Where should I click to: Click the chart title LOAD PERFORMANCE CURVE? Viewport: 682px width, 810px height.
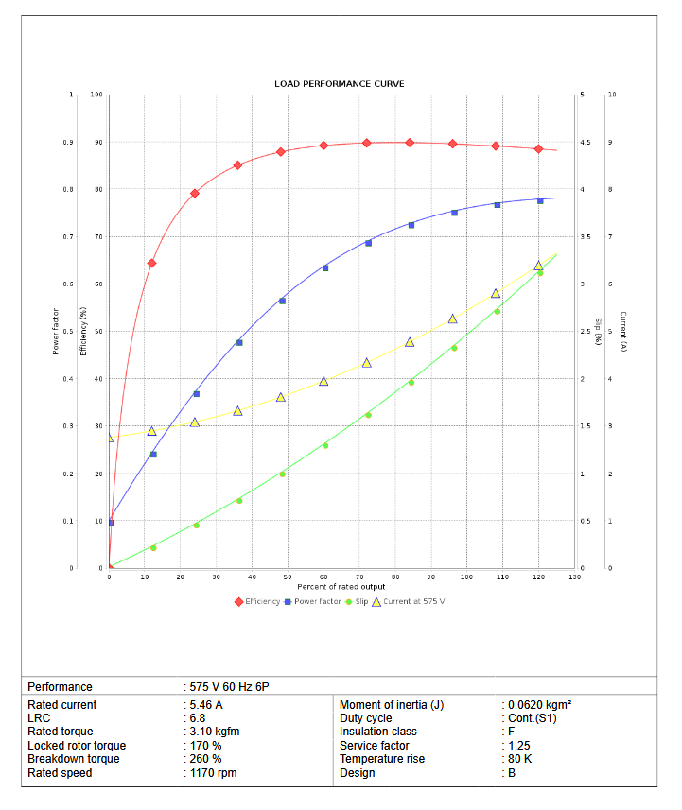(x=340, y=84)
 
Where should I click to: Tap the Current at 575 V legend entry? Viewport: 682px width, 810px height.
(x=408, y=601)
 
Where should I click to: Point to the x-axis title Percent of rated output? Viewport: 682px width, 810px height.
(x=341, y=587)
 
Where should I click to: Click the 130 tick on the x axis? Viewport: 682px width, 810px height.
(x=574, y=577)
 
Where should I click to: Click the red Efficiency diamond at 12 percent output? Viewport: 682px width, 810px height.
(x=151, y=263)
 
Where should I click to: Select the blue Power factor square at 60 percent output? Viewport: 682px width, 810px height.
(x=324, y=268)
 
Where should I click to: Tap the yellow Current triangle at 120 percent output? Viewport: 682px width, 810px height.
(x=538, y=266)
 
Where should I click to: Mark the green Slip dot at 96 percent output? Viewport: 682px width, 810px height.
(x=454, y=348)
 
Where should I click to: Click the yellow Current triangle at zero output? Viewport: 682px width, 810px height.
(x=110, y=438)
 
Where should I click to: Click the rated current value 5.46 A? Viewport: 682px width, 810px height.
(x=206, y=705)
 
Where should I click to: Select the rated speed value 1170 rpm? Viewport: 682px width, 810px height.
(x=213, y=773)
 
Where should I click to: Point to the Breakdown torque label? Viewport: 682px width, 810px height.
(x=74, y=759)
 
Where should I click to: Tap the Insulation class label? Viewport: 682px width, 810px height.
(x=378, y=732)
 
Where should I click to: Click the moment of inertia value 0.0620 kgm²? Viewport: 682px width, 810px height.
(x=538, y=705)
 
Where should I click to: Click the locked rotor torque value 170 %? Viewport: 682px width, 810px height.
(x=205, y=746)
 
